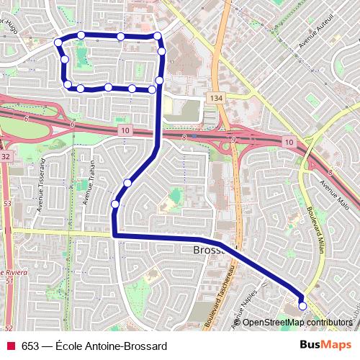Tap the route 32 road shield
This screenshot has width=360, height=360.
pyautogui.click(x=6, y=156)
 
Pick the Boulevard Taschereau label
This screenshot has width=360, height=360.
pyautogui.click(x=221, y=297)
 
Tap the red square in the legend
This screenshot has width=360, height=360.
pyautogui.click(x=10, y=346)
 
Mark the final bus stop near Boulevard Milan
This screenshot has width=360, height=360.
pyautogui.click(x=302, y=306)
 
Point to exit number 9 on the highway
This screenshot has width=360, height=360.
pyautogui.click(x=233, y=138)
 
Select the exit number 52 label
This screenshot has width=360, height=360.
pyautogui.click(x=9, y=328)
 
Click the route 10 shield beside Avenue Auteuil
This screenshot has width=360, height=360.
pyautogui.click(x=289, y=143)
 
